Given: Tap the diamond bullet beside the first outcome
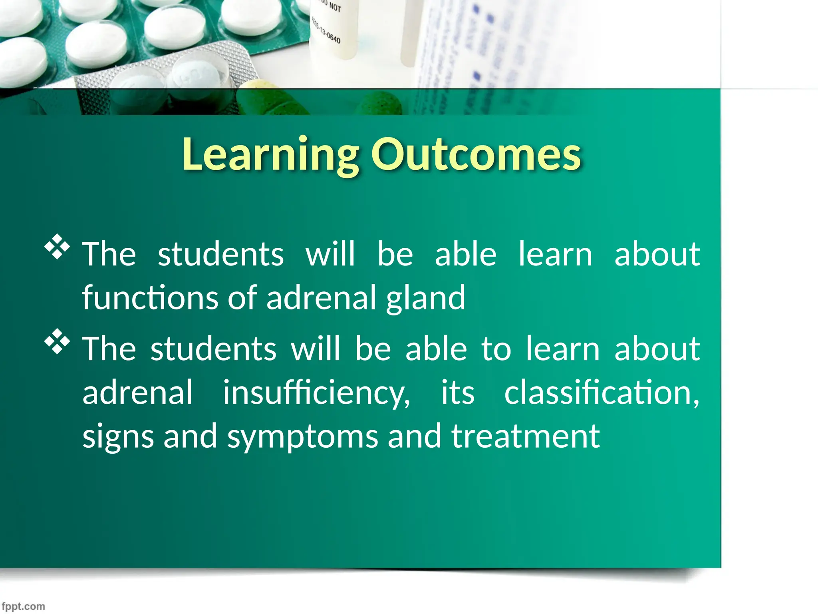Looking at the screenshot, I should click(x=57, y=247).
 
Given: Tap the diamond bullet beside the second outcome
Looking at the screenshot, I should click(x=57, y=341).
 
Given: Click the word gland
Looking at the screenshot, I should click(x=425, y=298).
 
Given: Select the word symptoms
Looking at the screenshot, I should click(x=302, y=437).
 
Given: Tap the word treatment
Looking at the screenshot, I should click(x=525, y=436).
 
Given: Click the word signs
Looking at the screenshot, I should click(x=118, y=437).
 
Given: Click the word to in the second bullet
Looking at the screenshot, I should click(x=496, y=349).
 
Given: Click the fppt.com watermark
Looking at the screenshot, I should click(x=23, y=606).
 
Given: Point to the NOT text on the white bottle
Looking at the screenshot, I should click(x=335, y=7).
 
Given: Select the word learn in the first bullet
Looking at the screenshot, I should click(x=555, y=254).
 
